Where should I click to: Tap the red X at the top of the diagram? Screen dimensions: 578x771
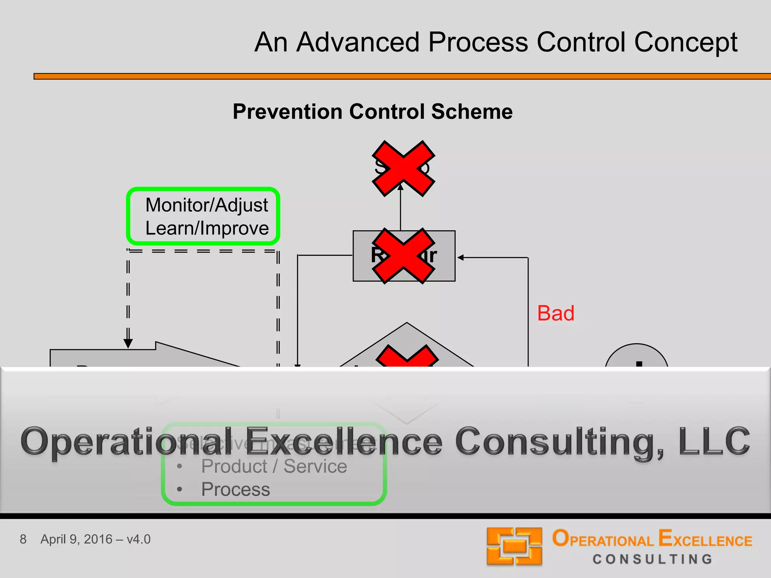403,168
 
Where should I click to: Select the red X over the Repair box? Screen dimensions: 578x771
403,256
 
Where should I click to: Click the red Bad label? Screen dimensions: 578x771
556,313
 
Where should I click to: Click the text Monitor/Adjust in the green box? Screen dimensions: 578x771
207,205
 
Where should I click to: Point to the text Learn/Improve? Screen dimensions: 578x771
207,228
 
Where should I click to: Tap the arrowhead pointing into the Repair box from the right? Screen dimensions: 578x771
460,258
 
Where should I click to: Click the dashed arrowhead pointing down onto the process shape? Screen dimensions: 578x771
128,343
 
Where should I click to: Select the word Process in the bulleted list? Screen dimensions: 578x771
236,490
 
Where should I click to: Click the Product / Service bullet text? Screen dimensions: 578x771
274,467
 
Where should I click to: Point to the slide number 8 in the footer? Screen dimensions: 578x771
23,539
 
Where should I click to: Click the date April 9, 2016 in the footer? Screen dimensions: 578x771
76,539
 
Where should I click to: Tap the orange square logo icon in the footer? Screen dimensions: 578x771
514,546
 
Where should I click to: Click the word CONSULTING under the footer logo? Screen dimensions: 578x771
652,560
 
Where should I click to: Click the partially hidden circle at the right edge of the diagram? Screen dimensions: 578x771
637,356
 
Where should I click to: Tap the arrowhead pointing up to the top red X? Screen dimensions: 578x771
401,187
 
